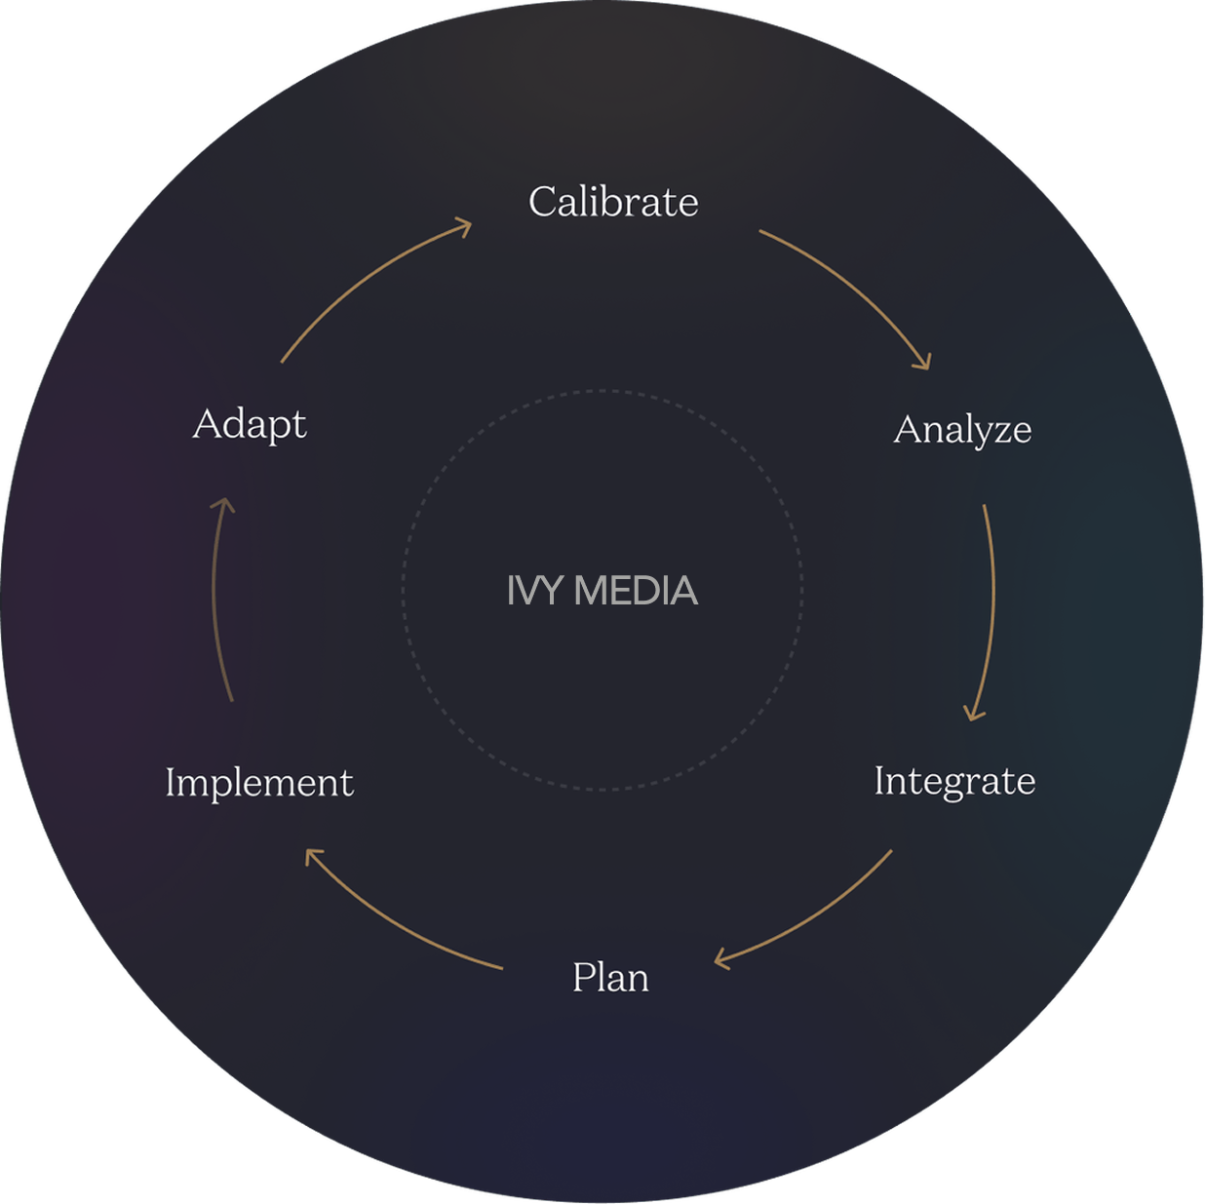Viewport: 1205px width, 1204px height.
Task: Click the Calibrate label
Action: (x=613, y=202)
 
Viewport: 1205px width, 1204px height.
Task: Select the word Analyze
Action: (x=962, y=430)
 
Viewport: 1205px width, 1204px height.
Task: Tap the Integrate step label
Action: (x=954, y=782)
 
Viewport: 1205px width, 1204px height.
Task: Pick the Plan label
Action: (x=610, y=977)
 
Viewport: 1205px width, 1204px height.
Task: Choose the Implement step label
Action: (x=259, y=783)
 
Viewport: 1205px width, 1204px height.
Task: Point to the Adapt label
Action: (x=250, y=424)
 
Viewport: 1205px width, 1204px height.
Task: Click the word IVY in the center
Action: (x=535, y=591)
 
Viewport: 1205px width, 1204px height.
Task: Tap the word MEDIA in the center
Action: (x=636, y=591)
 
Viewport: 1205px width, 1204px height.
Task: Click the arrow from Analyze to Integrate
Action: (x=992, y=604)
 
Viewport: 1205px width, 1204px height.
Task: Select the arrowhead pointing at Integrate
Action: (x=974, y=714)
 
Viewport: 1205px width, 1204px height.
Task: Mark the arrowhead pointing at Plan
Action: (x=722, y=960)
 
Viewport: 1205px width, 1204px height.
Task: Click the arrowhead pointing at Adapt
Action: (x=225, y=504)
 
